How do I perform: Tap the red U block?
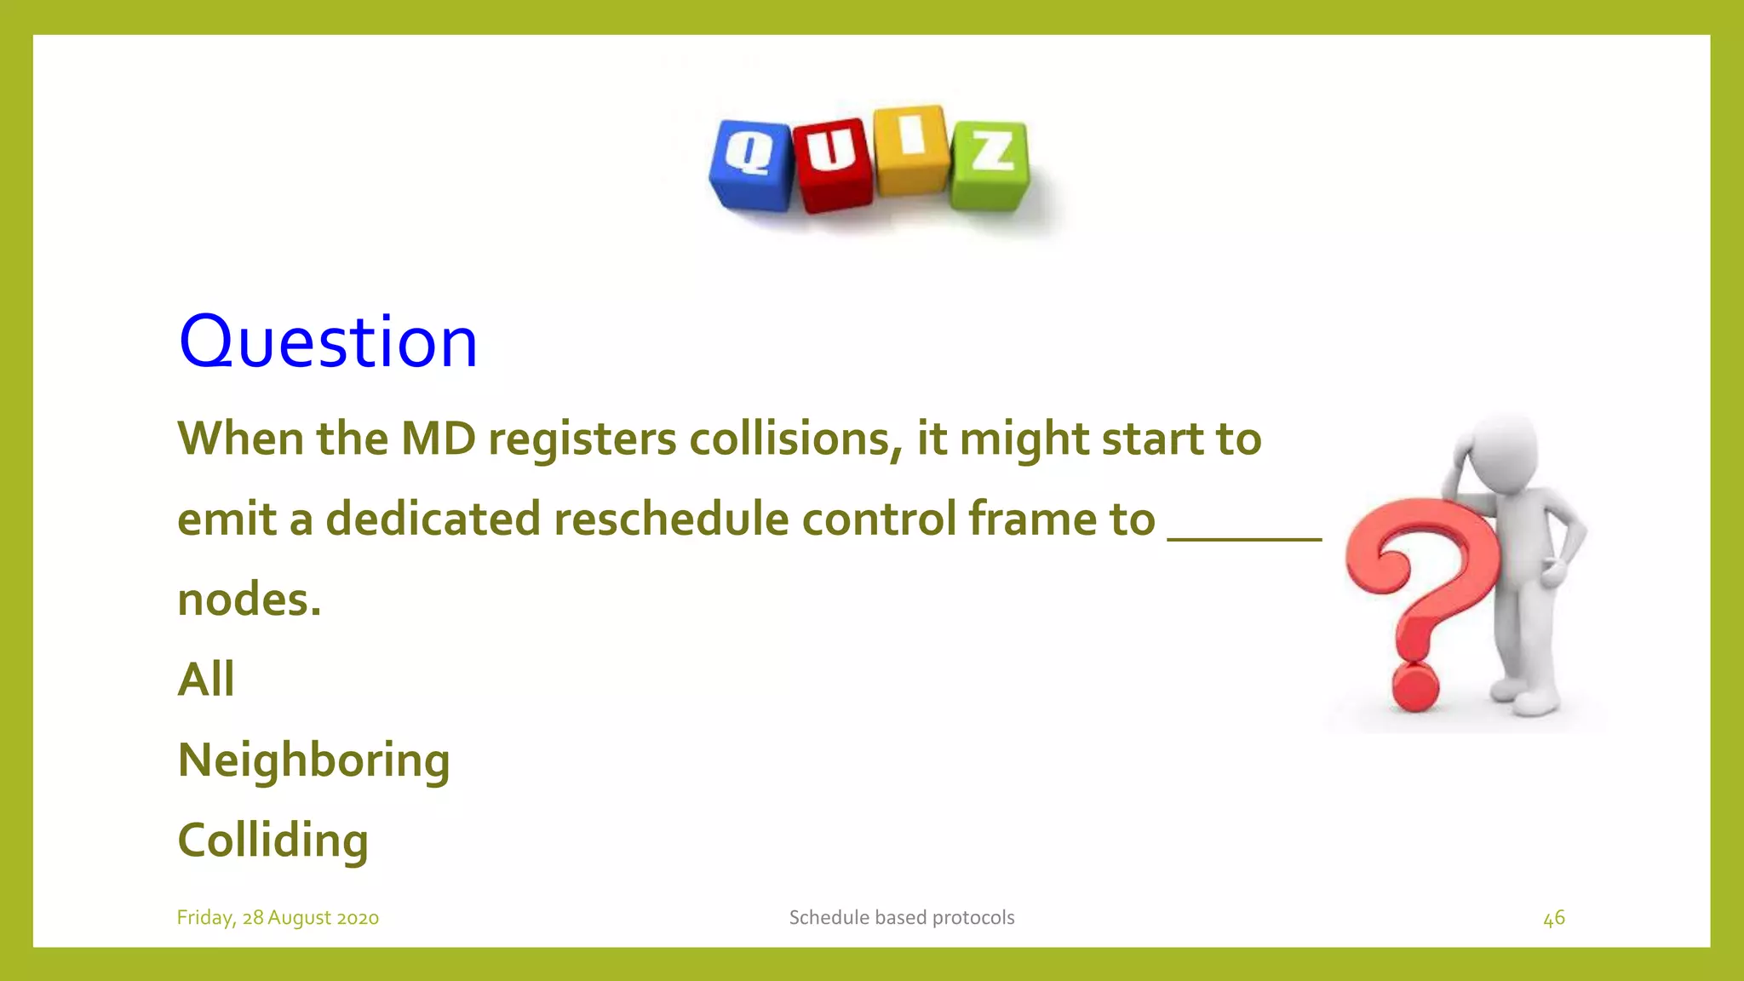(833, 164)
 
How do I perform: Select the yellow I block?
(911, 149)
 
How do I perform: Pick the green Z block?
(990, 164)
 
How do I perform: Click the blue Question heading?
(328, 341)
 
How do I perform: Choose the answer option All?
(205, 680)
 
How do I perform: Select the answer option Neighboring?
(313, 760)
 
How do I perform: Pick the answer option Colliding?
(272, 840)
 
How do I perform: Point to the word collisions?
(795, 439)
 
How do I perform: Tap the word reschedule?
(671, 519)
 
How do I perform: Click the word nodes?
(249, 599)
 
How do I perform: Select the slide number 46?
(1553, 918)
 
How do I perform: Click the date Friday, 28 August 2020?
(278, 918)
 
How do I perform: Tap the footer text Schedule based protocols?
(901, 918)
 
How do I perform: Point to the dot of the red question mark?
(1414, 687)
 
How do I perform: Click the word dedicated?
(433, 519)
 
